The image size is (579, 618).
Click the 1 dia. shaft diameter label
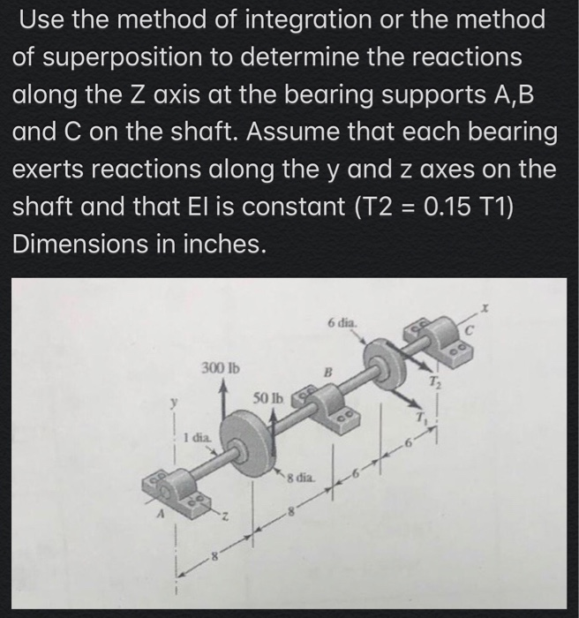click(x=196, y=436)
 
